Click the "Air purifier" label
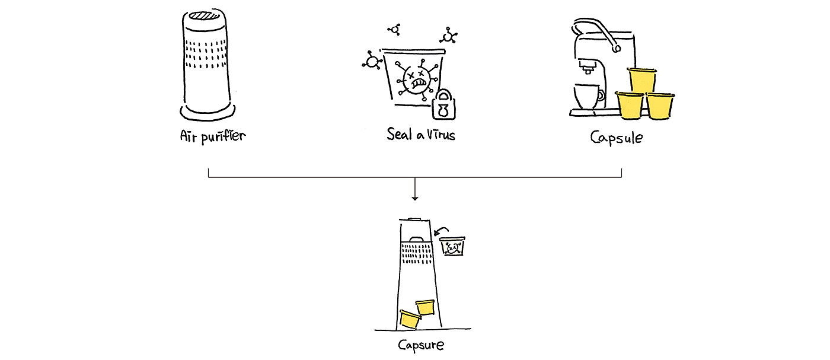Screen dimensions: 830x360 (212, 136)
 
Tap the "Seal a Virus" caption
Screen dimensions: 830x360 (420, 134)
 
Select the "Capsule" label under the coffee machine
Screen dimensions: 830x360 (616, 137)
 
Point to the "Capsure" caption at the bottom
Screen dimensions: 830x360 (420, 345)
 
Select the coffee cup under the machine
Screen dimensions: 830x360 (588, 96)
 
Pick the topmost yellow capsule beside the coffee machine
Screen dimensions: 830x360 (642, 80)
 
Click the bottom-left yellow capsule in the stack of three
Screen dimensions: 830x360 (630, 106)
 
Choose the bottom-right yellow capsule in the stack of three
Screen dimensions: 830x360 (659, 106)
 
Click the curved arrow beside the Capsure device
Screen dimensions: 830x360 (440, 231)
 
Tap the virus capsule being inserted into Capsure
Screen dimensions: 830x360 (453, 247)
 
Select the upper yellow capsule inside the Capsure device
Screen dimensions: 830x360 (425, 307)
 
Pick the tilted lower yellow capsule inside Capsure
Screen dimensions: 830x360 (410, 320)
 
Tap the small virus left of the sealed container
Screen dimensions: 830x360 (372, 62)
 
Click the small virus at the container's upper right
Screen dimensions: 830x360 (449, 37)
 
